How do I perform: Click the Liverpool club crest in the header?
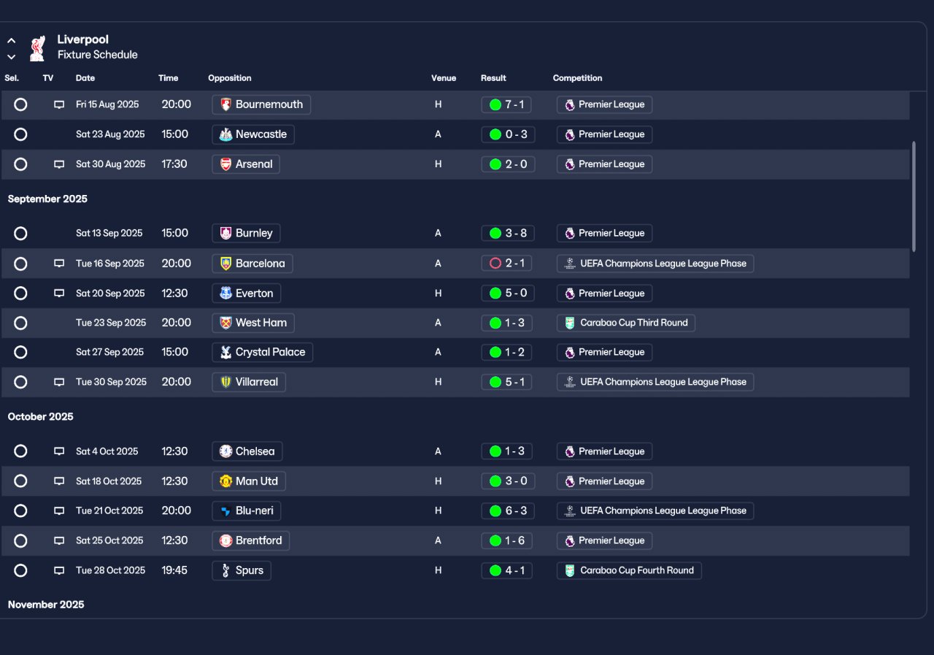37,48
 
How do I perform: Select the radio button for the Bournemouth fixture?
20,104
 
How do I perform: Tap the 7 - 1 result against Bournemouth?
506,104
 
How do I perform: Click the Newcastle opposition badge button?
252,134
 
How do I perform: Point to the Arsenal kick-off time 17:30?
174,164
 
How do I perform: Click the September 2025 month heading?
47,199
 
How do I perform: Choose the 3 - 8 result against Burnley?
507,233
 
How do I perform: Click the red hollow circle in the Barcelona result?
495,264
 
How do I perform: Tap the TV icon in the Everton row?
59,294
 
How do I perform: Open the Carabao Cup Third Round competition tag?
625,323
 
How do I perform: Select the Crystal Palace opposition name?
270,352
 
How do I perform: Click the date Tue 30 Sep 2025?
111,382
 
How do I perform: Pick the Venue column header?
443,78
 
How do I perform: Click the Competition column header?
577,78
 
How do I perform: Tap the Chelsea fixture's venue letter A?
438,451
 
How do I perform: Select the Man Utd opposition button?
249,481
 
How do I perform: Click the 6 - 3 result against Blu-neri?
507,510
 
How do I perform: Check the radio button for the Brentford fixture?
20,540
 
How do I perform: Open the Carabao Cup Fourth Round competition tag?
629,570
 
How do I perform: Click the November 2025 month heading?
46,605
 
